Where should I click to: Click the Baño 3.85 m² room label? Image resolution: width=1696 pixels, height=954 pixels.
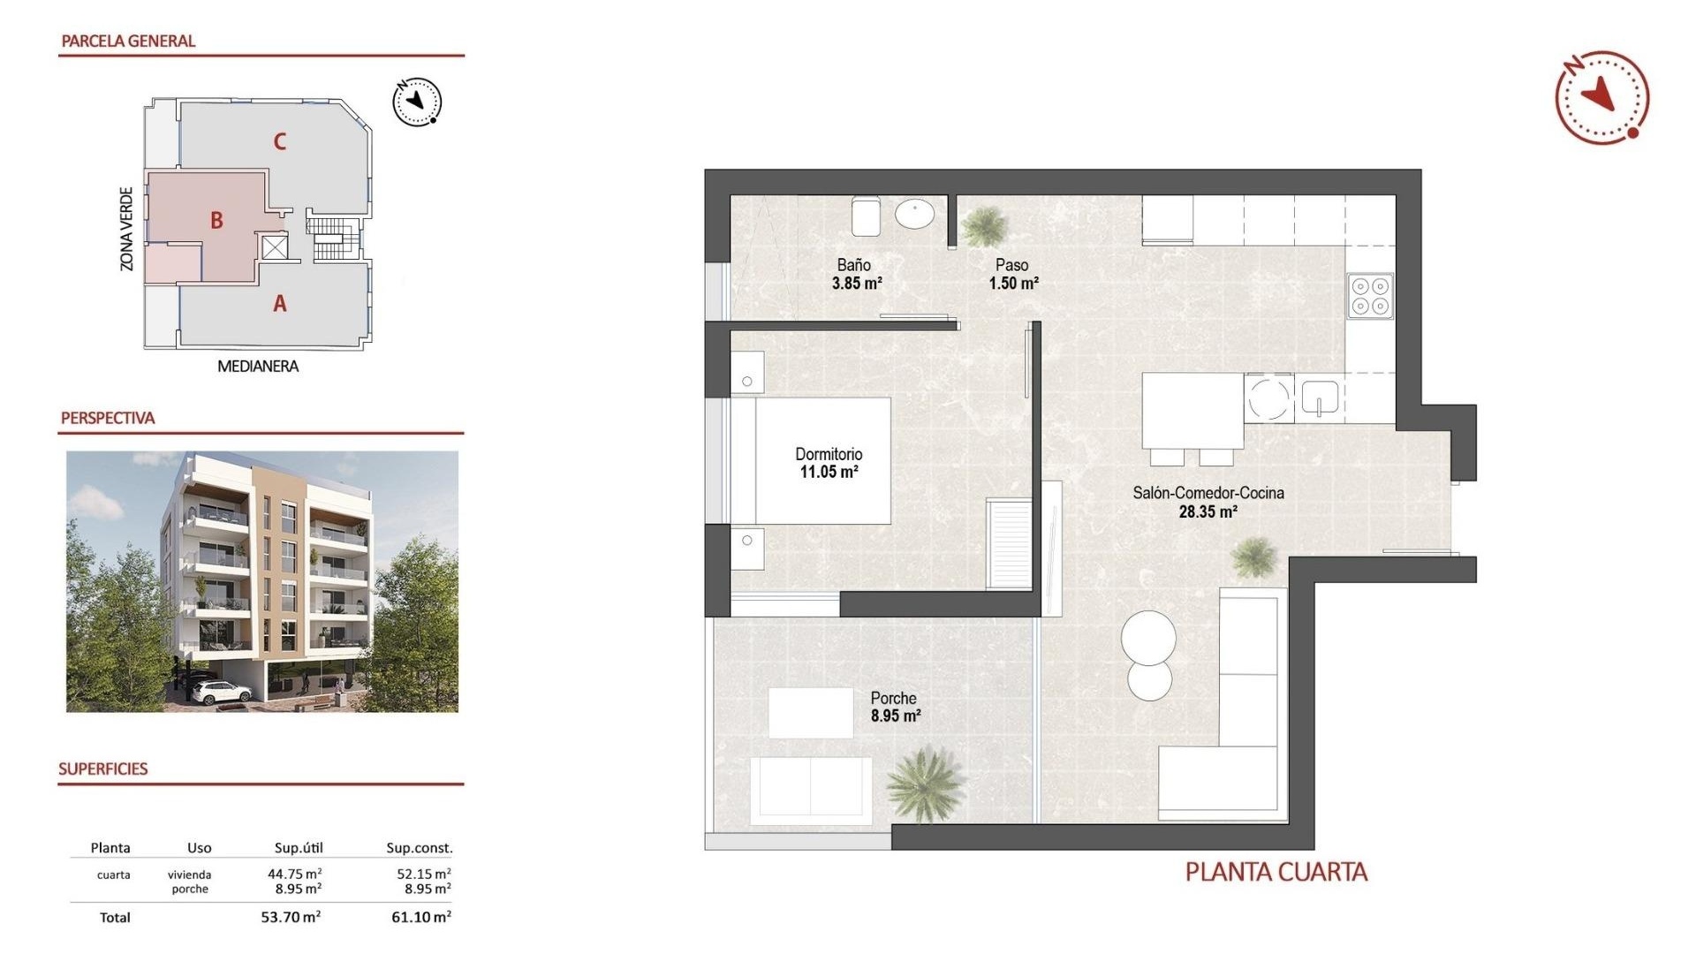855,274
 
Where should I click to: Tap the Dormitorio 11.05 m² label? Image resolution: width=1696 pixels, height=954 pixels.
829,463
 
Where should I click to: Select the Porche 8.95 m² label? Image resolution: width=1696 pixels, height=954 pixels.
895,707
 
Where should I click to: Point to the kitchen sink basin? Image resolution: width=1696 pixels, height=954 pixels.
1320,397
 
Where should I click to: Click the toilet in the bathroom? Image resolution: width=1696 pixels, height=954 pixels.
865,216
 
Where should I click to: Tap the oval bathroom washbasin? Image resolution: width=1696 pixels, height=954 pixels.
914,214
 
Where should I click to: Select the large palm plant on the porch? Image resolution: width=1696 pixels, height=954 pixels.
925,782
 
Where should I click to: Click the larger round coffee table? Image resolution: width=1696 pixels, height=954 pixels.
1148,637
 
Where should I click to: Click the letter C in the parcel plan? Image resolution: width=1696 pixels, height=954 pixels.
279,141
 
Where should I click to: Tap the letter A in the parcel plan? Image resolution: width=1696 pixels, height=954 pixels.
280,304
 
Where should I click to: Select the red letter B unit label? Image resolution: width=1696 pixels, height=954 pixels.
216,221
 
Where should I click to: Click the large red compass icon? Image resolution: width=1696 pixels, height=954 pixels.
1601,97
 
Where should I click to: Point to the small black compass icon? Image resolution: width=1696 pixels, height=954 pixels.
417,102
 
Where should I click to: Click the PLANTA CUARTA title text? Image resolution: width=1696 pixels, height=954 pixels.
1276,873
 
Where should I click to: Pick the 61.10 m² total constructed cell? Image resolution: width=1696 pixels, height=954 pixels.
420,917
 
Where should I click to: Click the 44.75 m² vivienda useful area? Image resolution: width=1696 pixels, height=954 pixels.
294,874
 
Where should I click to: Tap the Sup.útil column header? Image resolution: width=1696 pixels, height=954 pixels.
299,848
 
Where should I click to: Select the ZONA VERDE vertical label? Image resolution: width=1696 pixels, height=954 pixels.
127,229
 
